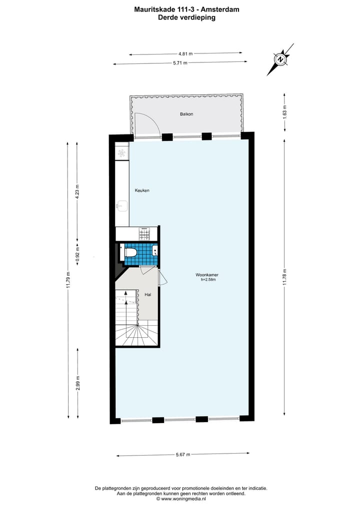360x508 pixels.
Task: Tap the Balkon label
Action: point(186,114)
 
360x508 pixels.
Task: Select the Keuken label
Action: point(142,191)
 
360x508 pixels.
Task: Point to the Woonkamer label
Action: point(207,275)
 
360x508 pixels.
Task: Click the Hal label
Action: point(148,295)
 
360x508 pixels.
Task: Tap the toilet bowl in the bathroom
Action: point(130,252)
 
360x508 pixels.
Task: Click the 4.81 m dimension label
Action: point(185,53)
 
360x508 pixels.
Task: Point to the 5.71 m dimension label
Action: point(180,63)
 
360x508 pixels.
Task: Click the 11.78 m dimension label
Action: point(285,277)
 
